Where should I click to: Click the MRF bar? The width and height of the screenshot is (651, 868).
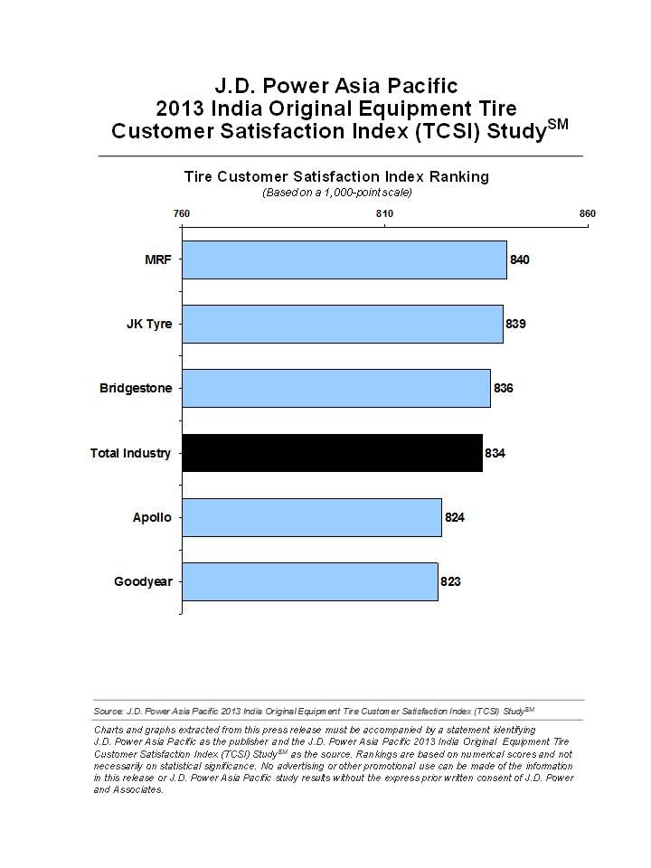point(344,259)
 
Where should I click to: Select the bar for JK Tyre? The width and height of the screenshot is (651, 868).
point(343,324)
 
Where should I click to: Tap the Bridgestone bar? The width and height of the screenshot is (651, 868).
point(336,388)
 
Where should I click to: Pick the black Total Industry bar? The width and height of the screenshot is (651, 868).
point(332,453)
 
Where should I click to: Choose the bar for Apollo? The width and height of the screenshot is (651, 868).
point(312,517)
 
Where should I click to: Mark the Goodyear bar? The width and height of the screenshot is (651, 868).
point(310,581)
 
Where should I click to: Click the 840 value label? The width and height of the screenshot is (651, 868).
point(520,259)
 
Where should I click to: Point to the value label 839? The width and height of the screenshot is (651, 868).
point(516,324)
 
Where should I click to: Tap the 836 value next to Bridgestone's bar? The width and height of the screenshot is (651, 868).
point(504,388)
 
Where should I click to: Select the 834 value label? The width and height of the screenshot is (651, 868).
point(495,453)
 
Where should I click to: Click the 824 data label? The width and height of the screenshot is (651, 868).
point(455,517)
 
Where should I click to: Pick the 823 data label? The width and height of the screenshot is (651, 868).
point(450,581)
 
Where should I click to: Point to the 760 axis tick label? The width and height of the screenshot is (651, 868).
point(182,213)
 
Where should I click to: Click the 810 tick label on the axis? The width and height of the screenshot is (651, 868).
point(385,213)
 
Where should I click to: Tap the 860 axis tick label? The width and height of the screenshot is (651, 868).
point(588,213)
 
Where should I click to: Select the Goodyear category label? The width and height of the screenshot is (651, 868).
point(144,581)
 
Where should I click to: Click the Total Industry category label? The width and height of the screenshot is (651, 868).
point(130,453)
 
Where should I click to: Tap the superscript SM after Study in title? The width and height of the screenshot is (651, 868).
point(558,124)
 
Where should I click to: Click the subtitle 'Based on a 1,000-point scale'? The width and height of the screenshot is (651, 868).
point(336,193)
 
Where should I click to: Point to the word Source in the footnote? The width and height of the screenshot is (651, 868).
point(108,711)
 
